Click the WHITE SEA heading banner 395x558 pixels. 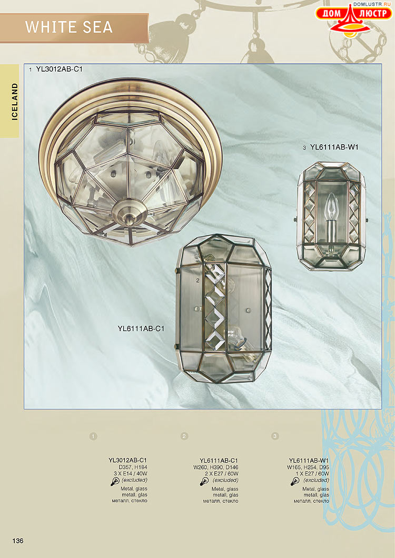point(74,28)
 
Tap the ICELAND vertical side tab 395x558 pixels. point(9,101)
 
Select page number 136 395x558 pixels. point(18,541)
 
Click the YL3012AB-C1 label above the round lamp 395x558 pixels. point(59,69)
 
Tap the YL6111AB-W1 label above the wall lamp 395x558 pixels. point(334,147)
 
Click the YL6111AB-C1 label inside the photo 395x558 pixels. point(141,328)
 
